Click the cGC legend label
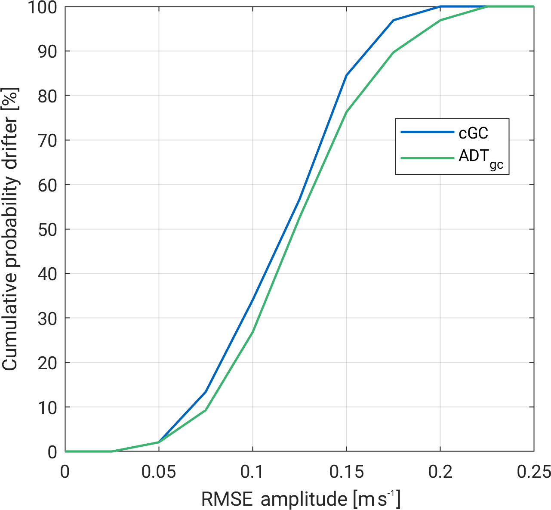coord(473,133)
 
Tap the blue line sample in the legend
coord(427,132)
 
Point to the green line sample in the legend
coord(427,158)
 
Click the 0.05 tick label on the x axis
coord(159,472)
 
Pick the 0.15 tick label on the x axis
coord(346,472)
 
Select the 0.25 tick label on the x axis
coord(533,472)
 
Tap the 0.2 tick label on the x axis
coord(440,472)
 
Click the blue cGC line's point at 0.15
coord(346,75)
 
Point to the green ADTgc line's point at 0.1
coord(252,331)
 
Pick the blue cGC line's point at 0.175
coord(393,20)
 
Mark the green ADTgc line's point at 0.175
coord(393,53)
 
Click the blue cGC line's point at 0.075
coord(206,392)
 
